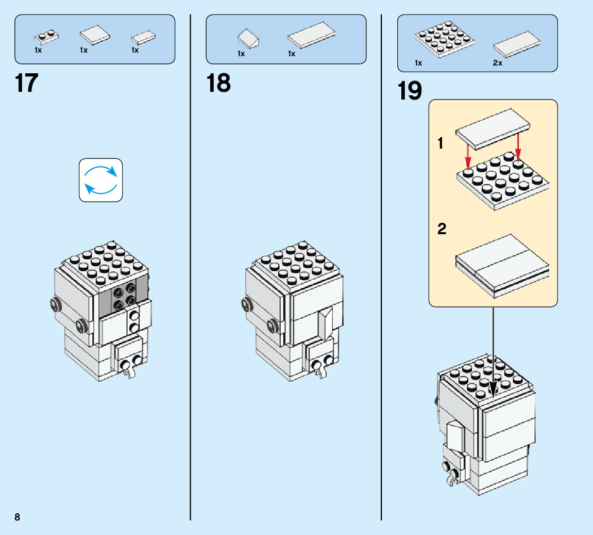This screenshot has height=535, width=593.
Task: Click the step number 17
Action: [27, 83]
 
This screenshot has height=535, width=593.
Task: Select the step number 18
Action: [218, 83]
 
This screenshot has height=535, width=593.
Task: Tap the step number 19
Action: [410, 91]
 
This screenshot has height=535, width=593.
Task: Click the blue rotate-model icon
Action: [101, 180]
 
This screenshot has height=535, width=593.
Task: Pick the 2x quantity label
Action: [497, 63]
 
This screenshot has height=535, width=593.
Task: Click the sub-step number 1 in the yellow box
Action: [440, 143]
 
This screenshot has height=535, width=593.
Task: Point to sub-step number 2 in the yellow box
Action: [442, 229]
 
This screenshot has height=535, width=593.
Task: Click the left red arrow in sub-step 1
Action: [467, 154]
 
